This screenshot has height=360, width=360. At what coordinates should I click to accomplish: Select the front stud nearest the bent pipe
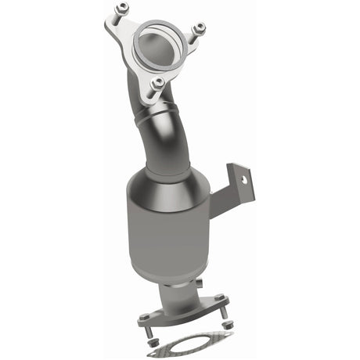pos(159,81)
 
